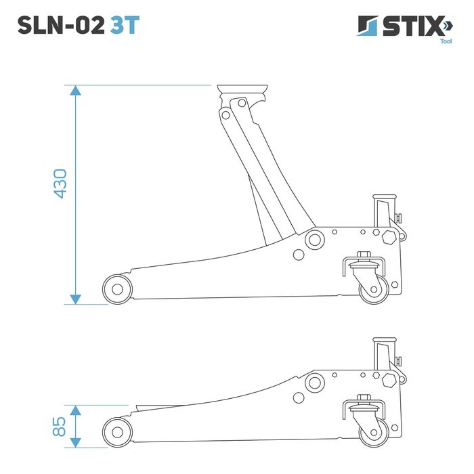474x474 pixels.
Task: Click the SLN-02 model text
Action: pyautogui.click(x=61, y=25)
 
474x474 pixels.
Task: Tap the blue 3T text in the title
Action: pyautogui.click(x=125, y=25)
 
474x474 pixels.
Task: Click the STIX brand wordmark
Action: pyautogui.click(x=412, y=26)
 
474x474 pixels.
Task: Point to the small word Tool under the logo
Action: pyautogui.click(x=446, y=41)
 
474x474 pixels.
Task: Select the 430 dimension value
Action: pyautogui.click(x=60, y=184)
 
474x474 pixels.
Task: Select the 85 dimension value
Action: pyautogui.click(x=59, y=427)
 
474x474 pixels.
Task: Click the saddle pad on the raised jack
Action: pyautogui.click(x=242, y=89)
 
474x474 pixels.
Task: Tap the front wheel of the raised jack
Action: pyautogui.click(x=117, y=289)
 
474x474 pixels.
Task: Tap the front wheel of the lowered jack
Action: pyautogui.click(x=117, y=432)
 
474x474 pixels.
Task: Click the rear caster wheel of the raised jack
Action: pyautogui.click(x=374, y=289)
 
